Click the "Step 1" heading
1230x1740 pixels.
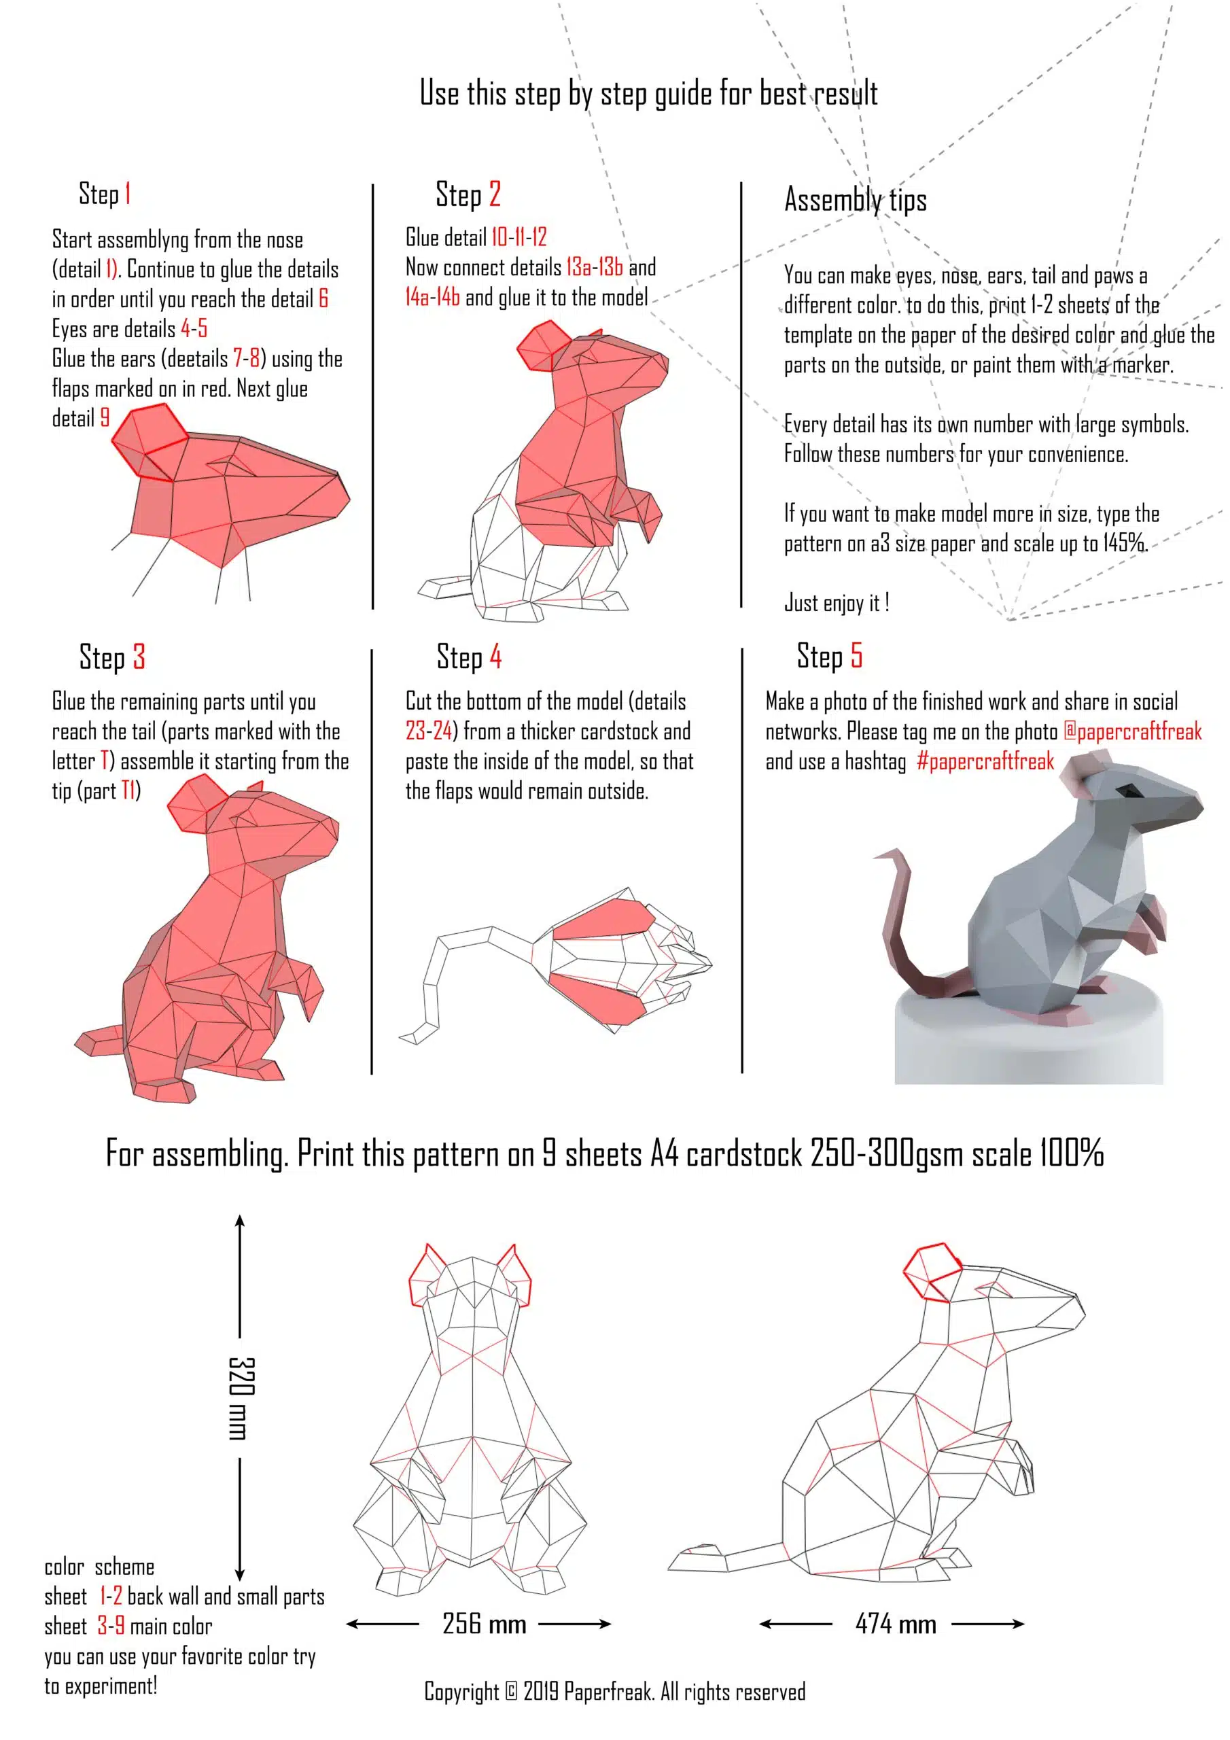[x=105, y=194]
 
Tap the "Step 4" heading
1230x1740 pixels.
[x=469, y=657]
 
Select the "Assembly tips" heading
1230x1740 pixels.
[x=856, y=200]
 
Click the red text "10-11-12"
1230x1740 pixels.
[x=519, y=237]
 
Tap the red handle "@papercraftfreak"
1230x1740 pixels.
[x=1133, y=731]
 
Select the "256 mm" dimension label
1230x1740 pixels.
[x=485, y=1623]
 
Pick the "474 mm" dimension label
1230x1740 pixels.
[x=896, y=1623]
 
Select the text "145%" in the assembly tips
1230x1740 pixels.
[x=1124, y=543]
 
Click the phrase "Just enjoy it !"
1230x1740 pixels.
[x=837, y=604]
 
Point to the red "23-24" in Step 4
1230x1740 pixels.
[x=429, y=731]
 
